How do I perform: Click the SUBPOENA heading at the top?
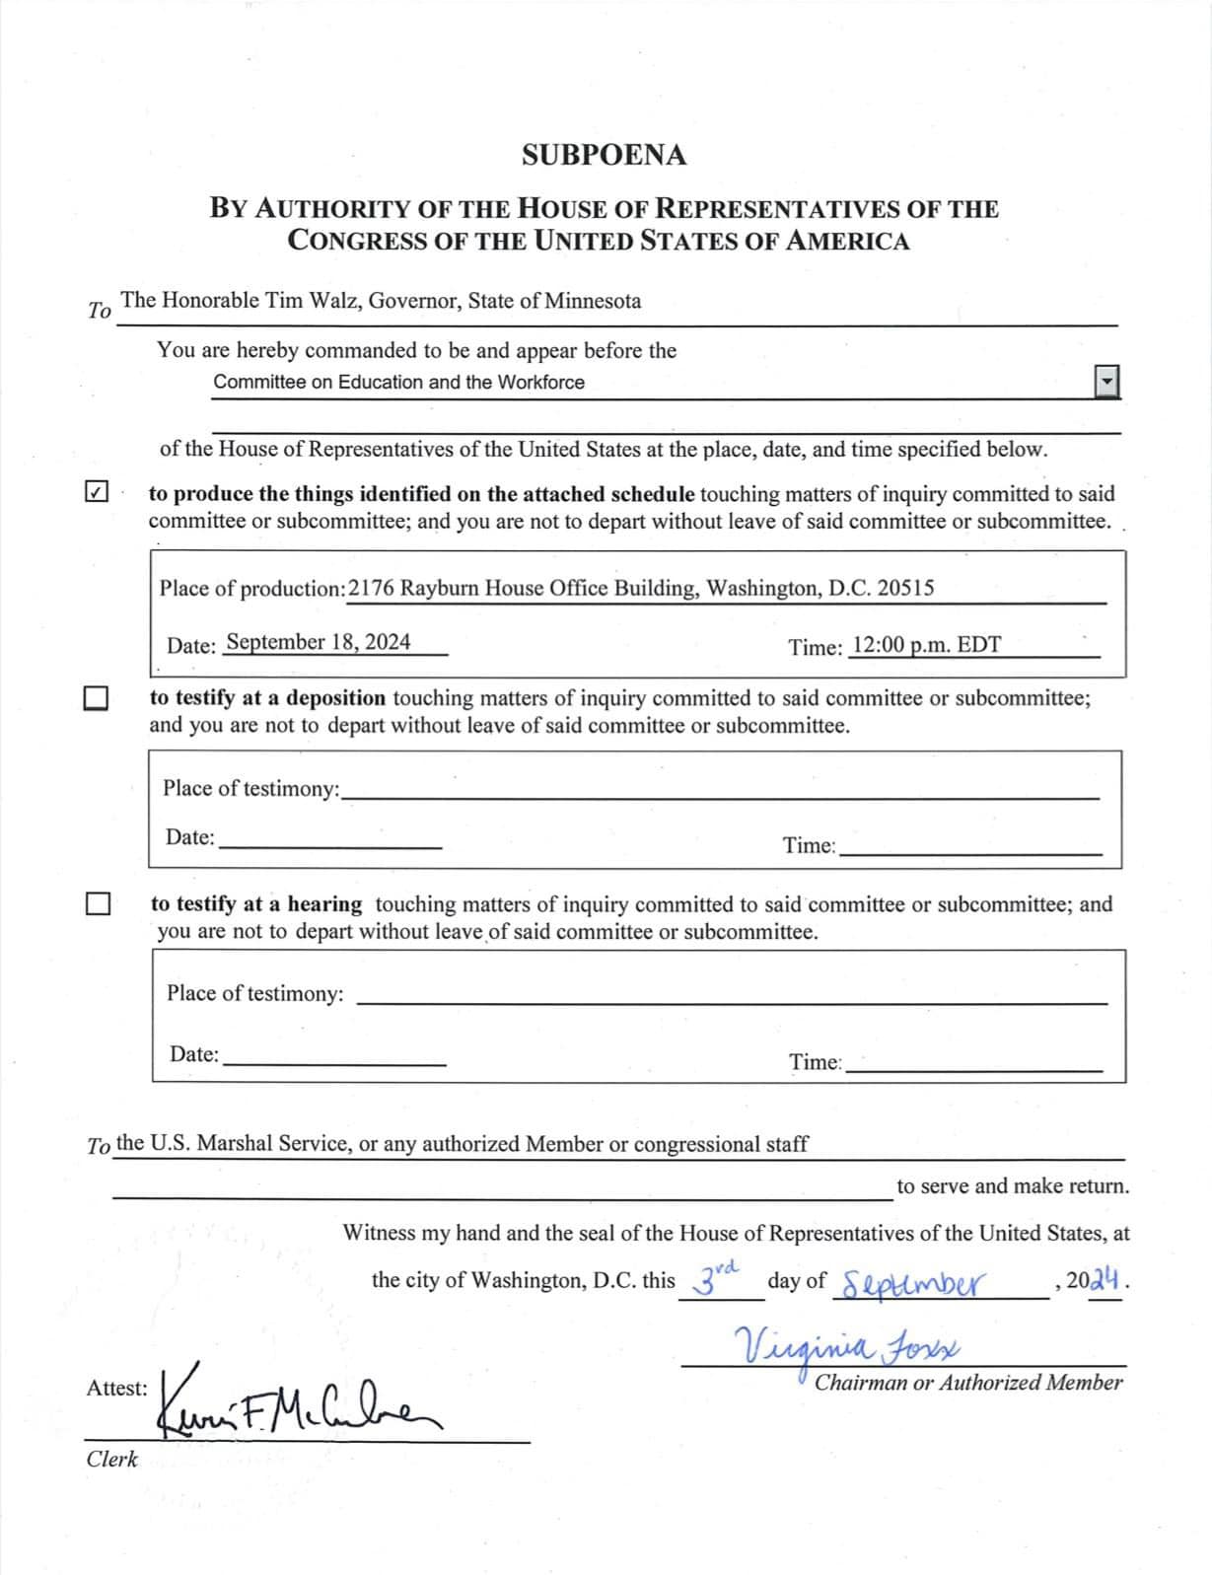pos(604,156)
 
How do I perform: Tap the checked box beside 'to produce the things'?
pos(97,491)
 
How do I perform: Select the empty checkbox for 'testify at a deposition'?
pos(96,698)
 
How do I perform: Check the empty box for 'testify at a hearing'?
pos(98,903)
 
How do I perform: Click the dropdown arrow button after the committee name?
pos(1107,381)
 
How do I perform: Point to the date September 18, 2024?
pos(318,642)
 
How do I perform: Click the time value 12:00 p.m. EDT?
pos(926,645)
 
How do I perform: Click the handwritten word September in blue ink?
pos(914,1283)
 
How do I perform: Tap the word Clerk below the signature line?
pos(111,1460)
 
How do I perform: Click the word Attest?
pos(116,1389)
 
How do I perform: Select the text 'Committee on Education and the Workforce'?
pos(398,383)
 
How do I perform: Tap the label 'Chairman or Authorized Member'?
pos(967,1383)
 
